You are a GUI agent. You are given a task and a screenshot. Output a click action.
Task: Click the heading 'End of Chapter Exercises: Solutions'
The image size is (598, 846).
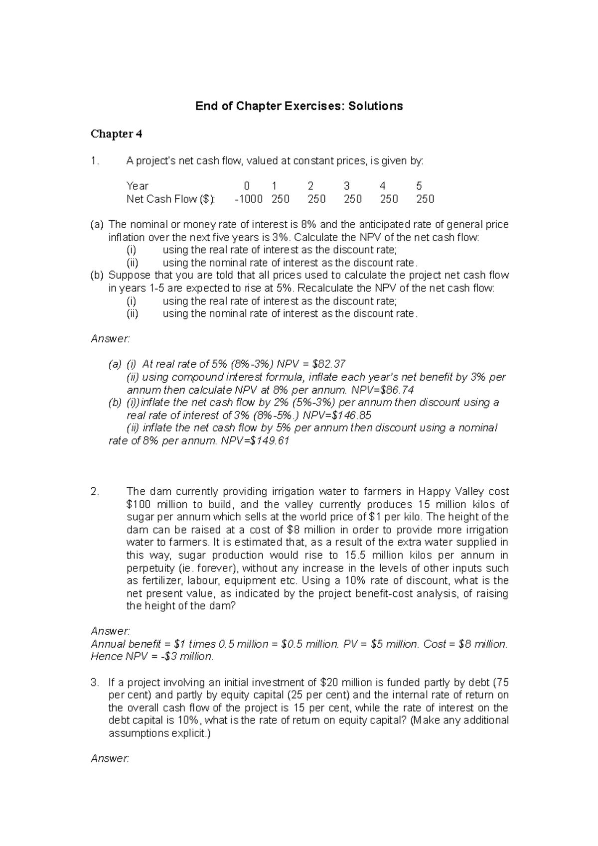299,106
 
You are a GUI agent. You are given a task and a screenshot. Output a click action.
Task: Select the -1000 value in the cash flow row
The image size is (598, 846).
249,199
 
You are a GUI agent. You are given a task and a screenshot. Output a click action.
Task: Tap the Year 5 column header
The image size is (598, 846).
419,186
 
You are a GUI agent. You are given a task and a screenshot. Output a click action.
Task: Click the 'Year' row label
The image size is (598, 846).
138,186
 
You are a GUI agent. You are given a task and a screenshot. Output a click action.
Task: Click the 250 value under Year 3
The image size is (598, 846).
352,199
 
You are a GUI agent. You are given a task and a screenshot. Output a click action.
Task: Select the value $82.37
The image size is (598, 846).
328,364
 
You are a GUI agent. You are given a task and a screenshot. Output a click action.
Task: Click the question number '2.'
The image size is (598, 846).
95,492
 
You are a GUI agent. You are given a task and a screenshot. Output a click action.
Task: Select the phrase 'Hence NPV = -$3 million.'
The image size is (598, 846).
152,657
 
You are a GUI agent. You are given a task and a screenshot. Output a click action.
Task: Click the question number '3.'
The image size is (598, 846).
95,683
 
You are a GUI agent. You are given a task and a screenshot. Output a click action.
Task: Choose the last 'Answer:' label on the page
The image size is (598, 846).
110,759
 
